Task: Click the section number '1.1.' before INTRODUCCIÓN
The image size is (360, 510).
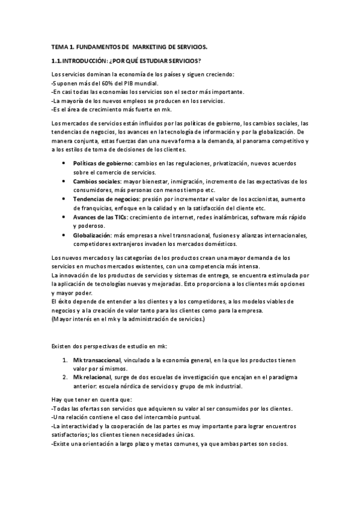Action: coord(58,61)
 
